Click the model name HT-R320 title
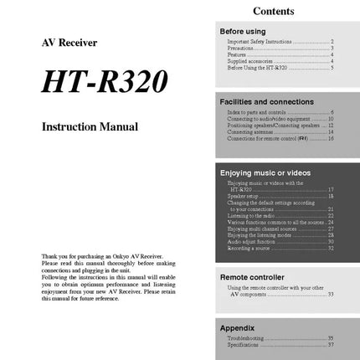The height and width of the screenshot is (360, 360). click(104, 81)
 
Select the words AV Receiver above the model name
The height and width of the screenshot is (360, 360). click(69, 42)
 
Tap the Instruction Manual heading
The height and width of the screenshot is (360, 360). click(90, 127)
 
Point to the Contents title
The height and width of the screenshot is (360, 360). click(273, 11)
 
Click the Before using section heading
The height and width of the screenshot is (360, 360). click(243, 31)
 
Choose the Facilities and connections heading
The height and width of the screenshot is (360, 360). click(266, 101)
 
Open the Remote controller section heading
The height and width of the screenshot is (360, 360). click(252, 276)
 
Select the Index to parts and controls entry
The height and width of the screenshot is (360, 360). click(256, 112)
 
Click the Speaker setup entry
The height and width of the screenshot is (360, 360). click(244, 196)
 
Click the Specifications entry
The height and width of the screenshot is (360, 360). click(248, 345)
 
